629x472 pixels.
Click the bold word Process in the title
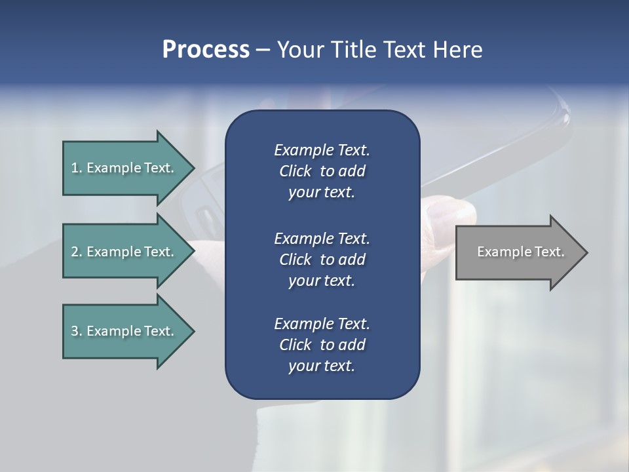206,50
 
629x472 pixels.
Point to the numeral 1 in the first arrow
75,168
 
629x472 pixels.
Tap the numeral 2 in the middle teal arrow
75,252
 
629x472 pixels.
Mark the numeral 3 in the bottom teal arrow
75,331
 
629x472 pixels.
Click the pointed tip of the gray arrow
585,252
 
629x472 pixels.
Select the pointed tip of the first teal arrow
192,168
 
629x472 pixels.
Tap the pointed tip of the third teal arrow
192,331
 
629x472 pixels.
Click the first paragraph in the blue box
322,171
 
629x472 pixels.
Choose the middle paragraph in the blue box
322,259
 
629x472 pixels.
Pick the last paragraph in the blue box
322,345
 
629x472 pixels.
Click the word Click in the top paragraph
295,171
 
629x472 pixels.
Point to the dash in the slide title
263,50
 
